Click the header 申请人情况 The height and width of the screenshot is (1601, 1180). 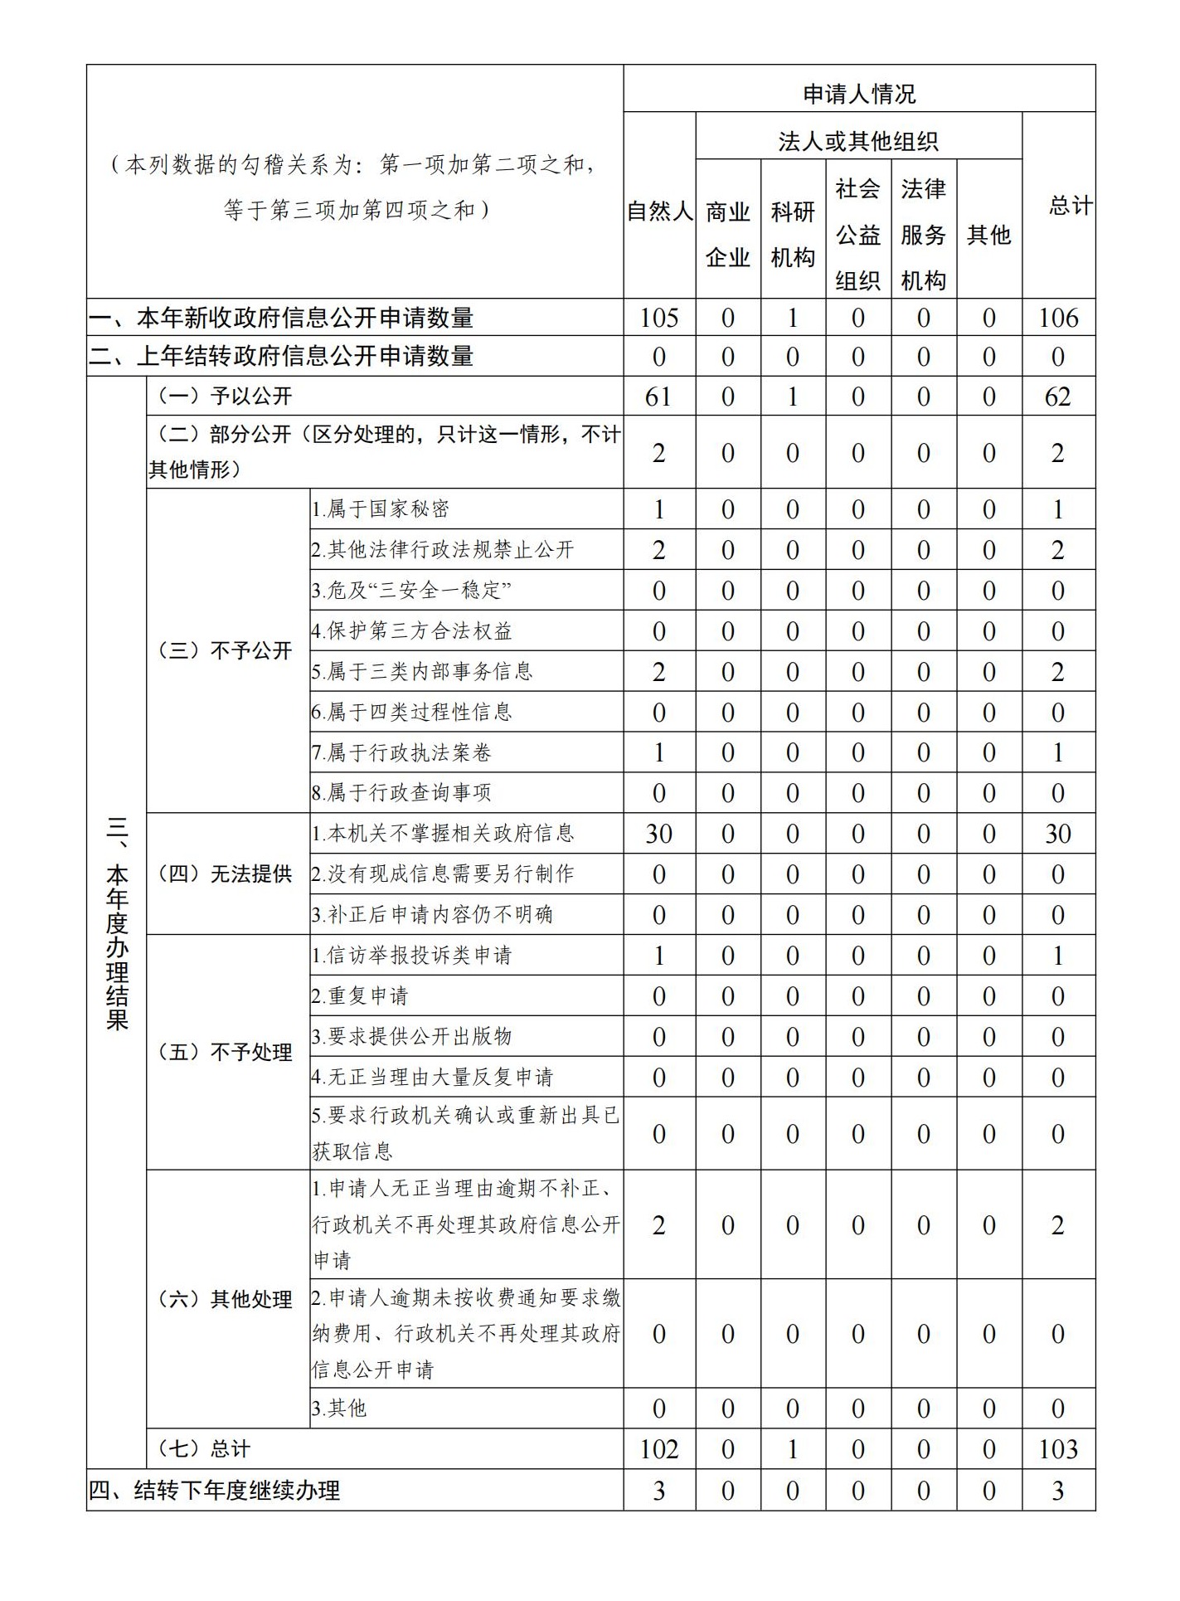tap(859, 94)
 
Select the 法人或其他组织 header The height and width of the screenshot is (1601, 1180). tap(858, 142)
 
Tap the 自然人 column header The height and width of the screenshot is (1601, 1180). tap(659, 212)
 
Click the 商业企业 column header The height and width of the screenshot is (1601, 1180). tap(727, 235)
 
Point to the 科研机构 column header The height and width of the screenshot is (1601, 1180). tap(793, 235)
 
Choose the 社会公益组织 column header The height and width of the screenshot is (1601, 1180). tap(858, 235)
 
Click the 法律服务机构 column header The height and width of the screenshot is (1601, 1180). tap(923, 235)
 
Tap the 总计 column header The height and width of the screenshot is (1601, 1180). tap(1070, 205)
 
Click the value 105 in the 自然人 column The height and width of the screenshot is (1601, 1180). tap(659, 318)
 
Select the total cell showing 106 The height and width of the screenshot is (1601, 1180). tap(1058, 318)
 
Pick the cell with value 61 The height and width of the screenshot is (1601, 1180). tap(659, 397)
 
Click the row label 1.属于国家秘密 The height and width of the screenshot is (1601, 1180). tap(381, 509)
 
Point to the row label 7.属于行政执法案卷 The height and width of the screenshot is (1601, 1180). tap(402, 752)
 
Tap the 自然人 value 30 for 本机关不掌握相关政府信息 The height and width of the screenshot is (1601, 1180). tap(659, 834)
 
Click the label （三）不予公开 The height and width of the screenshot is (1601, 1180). tap(226, 650)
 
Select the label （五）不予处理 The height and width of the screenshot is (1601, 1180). tap(226, 1052)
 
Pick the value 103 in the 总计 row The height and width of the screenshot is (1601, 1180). tap(1058, 1449)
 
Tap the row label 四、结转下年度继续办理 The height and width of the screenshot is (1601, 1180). tap(215, 1491)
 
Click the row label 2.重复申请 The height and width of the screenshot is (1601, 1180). tap(361, 995)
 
